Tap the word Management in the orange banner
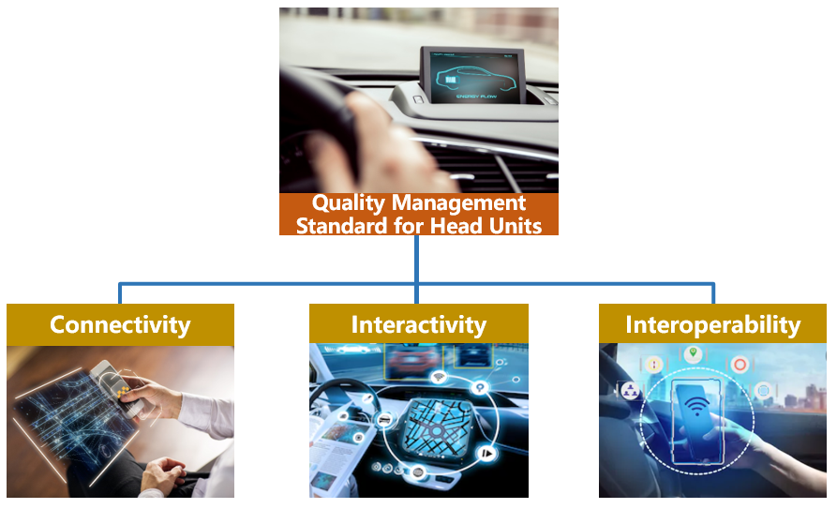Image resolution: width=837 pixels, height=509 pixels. tap(459, 203)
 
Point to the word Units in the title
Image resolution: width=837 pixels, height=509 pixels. tap(516, 225)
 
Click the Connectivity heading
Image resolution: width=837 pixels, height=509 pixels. tap(120, 324)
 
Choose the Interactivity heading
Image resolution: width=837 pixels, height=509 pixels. tap(419, 324)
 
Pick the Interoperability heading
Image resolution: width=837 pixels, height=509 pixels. tap(713, 324)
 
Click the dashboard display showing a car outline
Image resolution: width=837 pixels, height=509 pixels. tap(472, 76)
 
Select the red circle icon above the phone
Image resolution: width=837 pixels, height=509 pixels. tap(740, 365)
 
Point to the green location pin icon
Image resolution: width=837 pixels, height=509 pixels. tap(693, 353)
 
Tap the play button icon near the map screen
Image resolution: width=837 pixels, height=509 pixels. tap(486, 454)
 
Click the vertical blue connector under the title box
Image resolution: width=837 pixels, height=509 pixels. tap(416, 259)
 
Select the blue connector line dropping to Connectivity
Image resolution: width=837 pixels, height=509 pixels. tap(120, 293)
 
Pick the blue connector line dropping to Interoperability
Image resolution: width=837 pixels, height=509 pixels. tap(713, 293)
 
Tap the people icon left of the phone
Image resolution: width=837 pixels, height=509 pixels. tap(631, 391)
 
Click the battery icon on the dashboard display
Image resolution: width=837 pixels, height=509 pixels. tap(451, 80)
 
